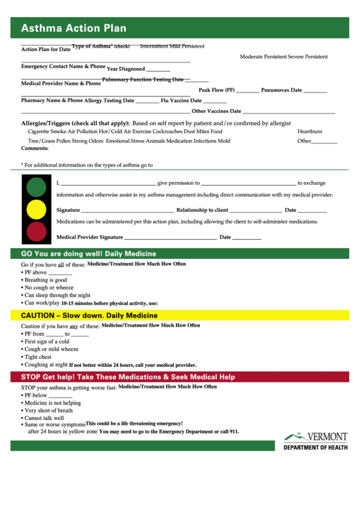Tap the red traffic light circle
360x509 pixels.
click(x=36, y=232)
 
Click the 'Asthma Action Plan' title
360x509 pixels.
click(x=73, y=29)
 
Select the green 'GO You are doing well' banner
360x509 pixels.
click(x=88, y=253)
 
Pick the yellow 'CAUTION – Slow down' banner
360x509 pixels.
click(x=89, y=315)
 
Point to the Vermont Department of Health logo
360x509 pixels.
click(x=315, y=441)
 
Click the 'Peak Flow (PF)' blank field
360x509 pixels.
click(x=248, y=90)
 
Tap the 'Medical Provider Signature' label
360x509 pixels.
click(x=90, y=237)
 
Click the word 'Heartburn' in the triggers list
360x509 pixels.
click(x=310, y=131)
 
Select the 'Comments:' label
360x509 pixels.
click(x=35, y=148)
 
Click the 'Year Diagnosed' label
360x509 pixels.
click(x=126, y=69)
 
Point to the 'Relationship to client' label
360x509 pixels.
click(x=202, y=211)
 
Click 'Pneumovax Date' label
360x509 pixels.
click(x=281, y=90)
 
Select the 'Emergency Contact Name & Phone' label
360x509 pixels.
click(x=63, y=67)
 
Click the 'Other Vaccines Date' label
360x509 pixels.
click(x=216, y=111)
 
